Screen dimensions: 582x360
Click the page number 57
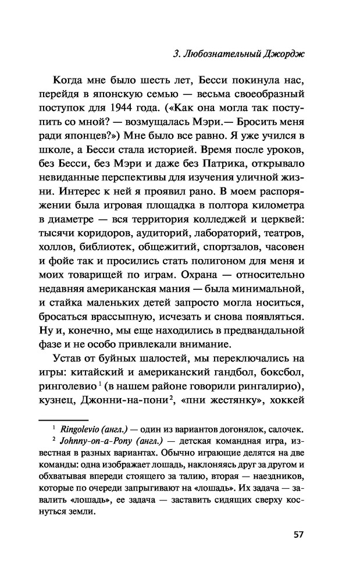(x=296, y=534)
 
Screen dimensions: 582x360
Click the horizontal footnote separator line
(x=62, y=419)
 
